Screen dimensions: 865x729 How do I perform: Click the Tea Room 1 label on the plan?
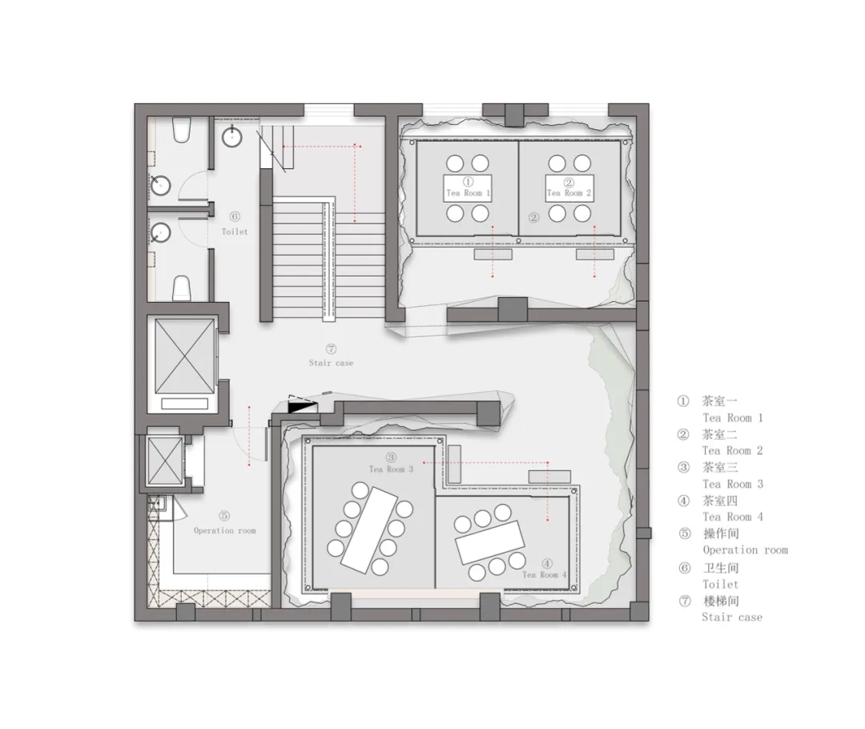(x=468, y=193)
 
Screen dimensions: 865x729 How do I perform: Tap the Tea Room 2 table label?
(x=569, y=193)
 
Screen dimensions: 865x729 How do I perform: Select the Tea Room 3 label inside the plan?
(x=391, y=469)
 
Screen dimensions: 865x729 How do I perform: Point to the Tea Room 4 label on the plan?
(x=545, y=574)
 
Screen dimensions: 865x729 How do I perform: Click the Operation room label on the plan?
(x=224, y=530)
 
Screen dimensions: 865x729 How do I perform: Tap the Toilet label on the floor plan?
(x=235, y=232)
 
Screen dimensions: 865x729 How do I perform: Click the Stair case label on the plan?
(x=331, y=363)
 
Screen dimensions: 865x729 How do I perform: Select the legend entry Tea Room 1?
(x=733, y=417)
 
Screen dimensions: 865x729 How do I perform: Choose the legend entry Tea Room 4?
(x=733, y=517)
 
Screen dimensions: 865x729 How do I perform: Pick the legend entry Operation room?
(x=746, y=550)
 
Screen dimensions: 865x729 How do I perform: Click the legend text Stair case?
(x=732, y=617)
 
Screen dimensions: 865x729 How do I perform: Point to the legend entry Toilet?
(x=721, y=584)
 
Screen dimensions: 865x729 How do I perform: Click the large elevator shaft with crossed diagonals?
(x=184, y=356)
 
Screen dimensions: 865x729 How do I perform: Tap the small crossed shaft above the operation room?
(x=165, y=461)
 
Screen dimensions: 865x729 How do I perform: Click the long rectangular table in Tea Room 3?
(x=368, y=530)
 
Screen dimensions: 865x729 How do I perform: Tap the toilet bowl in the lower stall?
(x=182, y=288)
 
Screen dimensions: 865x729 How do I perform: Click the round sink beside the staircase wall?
(x=232, y=136)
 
